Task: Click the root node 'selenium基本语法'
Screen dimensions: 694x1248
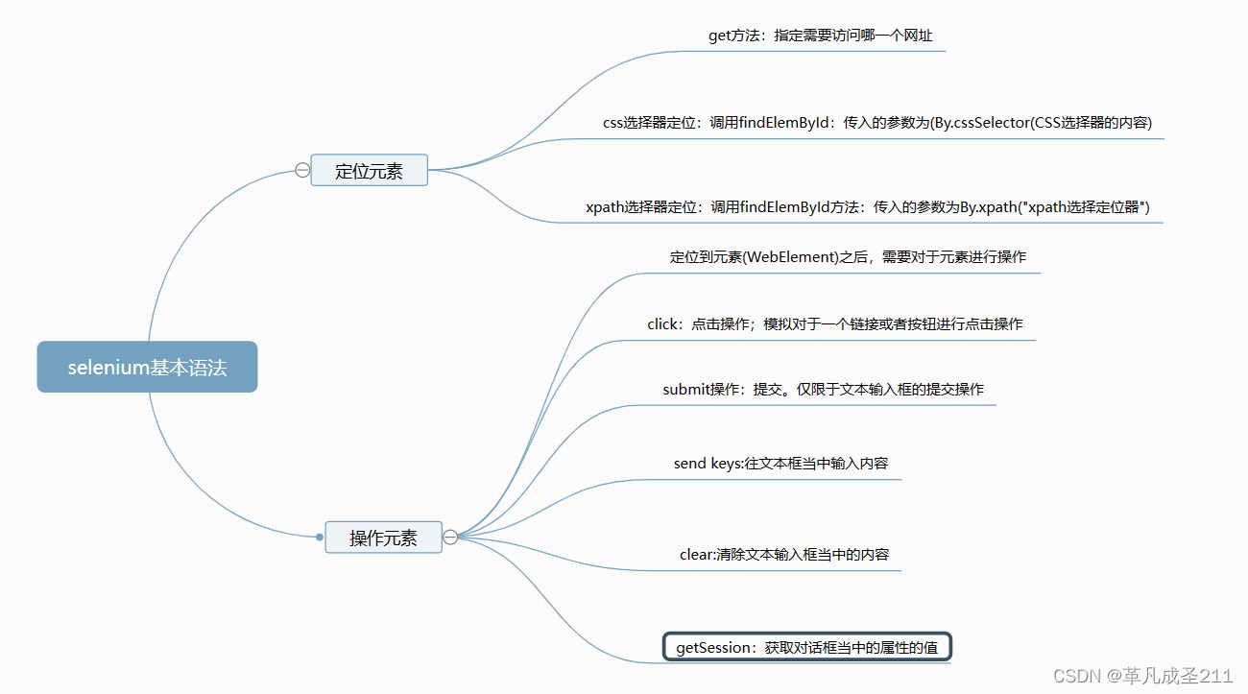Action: pyautogui.click(x=147, y=367)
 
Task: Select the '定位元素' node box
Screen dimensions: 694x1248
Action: pyautogui.click(x=369, y=171)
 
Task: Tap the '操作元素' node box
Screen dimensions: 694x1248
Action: pyautogui.click(x=383, y=538)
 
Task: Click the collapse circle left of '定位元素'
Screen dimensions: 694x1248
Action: pyautogui.click(x=302, y=171)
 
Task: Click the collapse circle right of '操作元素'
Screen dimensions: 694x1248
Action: pyautogui.click(x=450, y=538)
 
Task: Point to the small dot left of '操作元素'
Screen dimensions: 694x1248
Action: pyautogui.click(x=320, y=538)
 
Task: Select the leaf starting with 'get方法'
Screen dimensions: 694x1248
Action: pyautogui.click(x=820, y=36)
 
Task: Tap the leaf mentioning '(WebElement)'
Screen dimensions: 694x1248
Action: pyautogui.click(x=848, y=257)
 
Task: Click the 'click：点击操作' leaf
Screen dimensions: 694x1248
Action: pyautogui.click(x=834, y=324)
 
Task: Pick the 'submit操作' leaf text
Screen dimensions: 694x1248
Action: pyautogui.click(x=823, y=390)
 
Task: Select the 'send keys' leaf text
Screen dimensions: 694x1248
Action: pyautogui.click(x=780, y=464)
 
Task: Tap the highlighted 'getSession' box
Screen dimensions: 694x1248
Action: pyautogui.click(x=806, y=648)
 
